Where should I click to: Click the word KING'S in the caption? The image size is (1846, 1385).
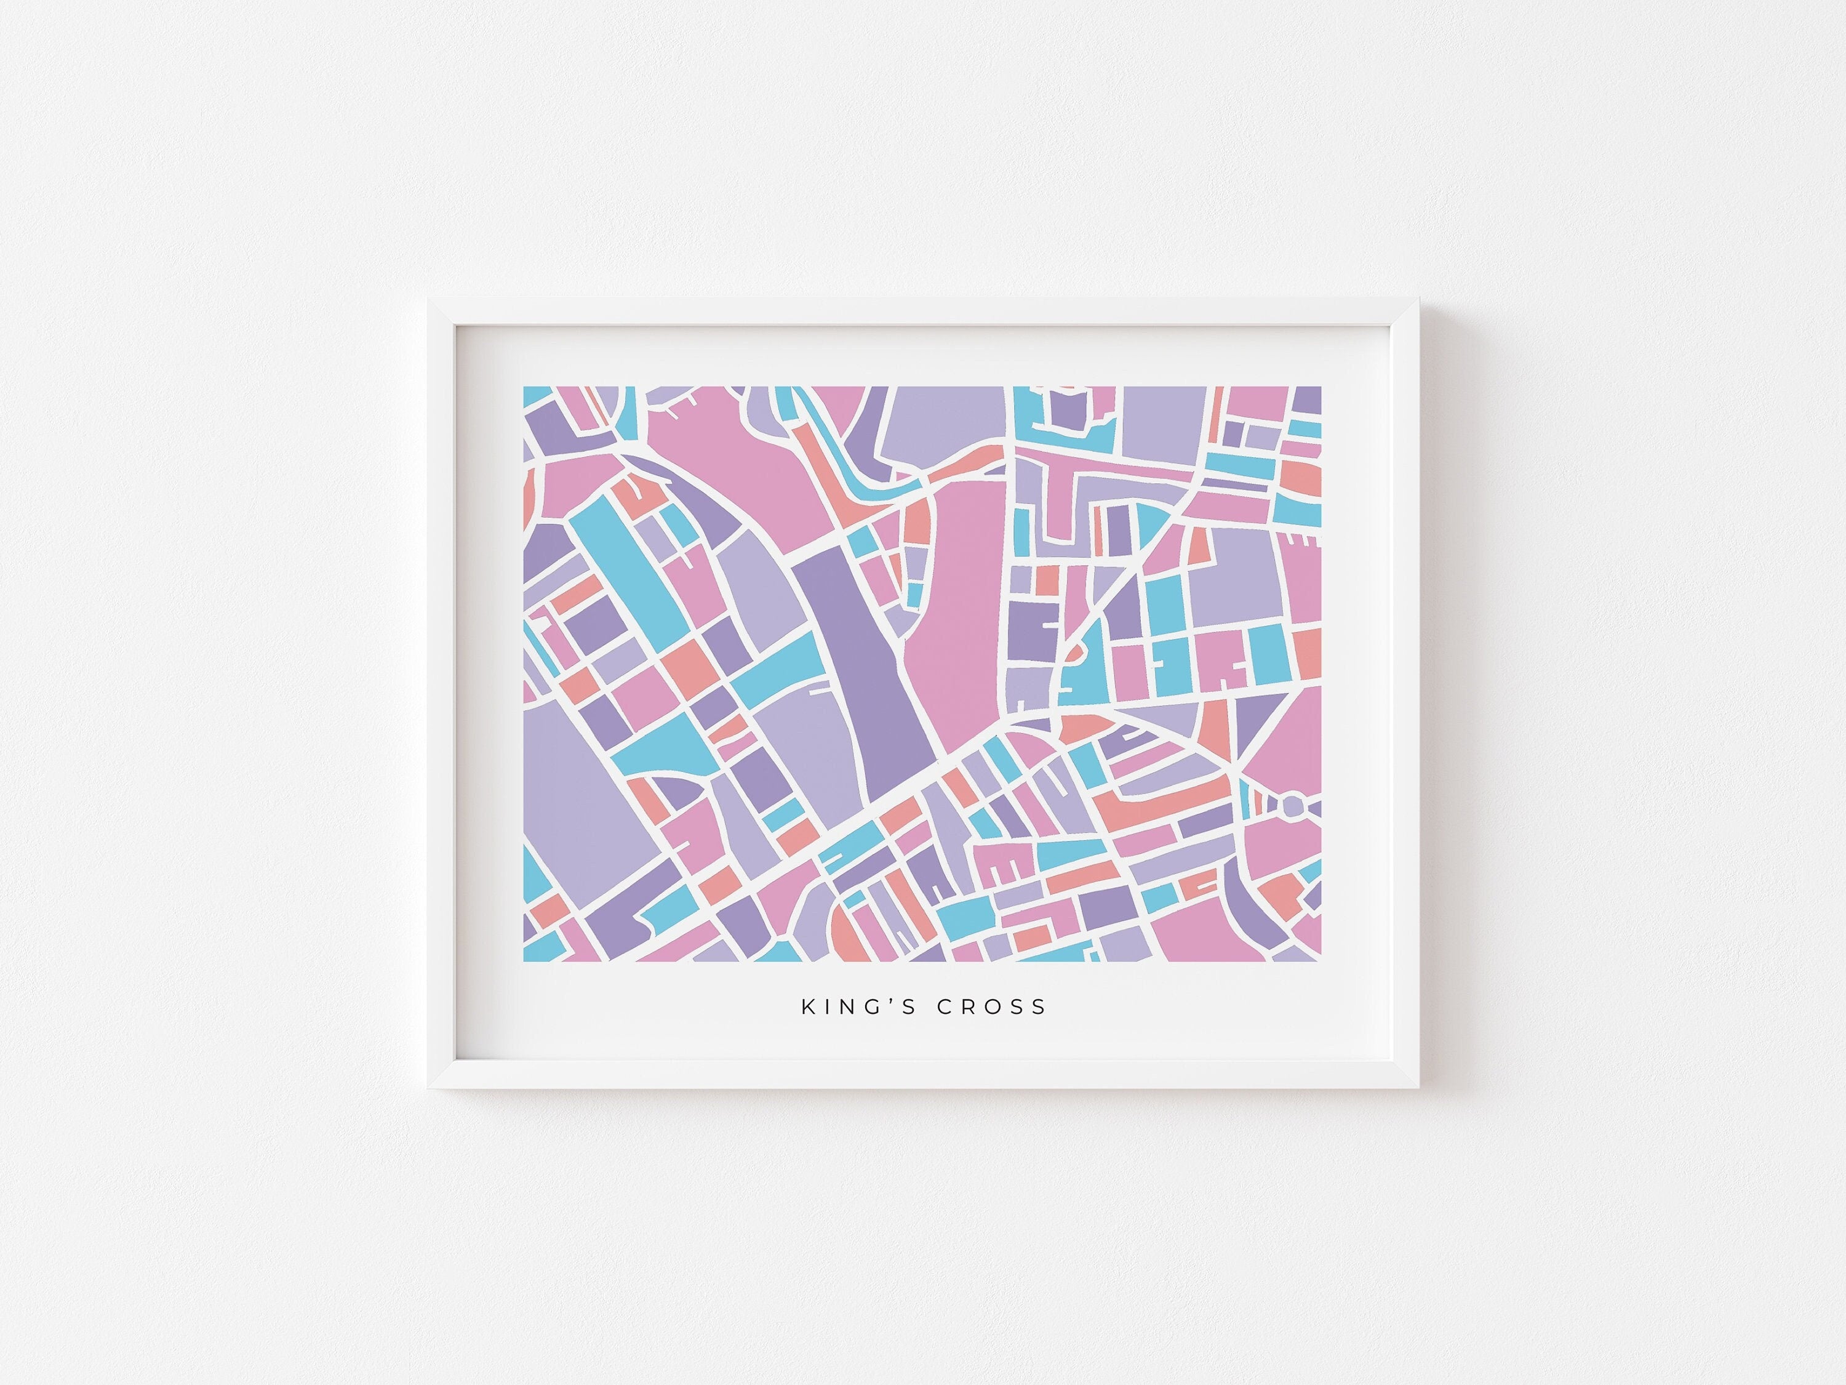859,1007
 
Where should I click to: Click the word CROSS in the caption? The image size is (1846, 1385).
991,1007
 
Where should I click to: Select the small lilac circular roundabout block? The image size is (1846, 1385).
1291,806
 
